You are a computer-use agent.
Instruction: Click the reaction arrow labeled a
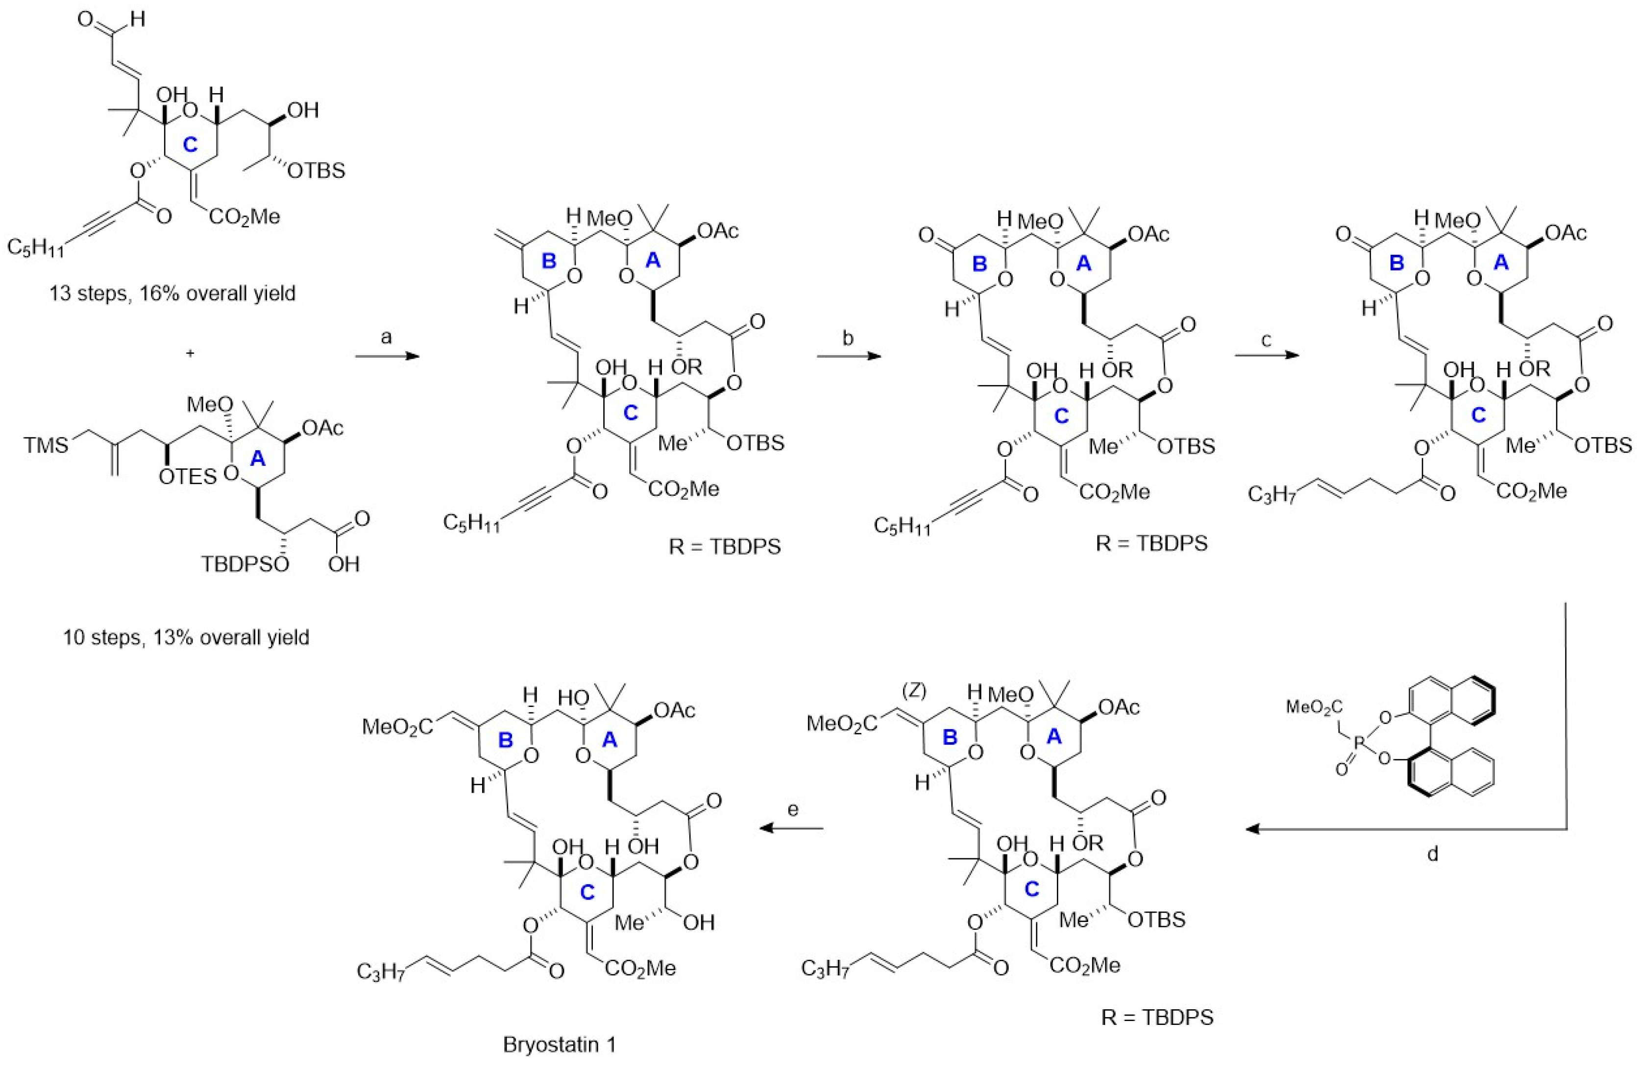[387, 356]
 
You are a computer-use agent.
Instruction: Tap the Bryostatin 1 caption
[559, 1045]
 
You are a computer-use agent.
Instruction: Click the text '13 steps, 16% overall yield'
[172, 293]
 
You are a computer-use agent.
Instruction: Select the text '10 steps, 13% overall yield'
[186, 637]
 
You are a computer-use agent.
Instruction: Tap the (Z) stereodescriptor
[915, 692]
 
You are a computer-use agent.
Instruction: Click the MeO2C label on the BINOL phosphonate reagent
[1312, 705]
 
